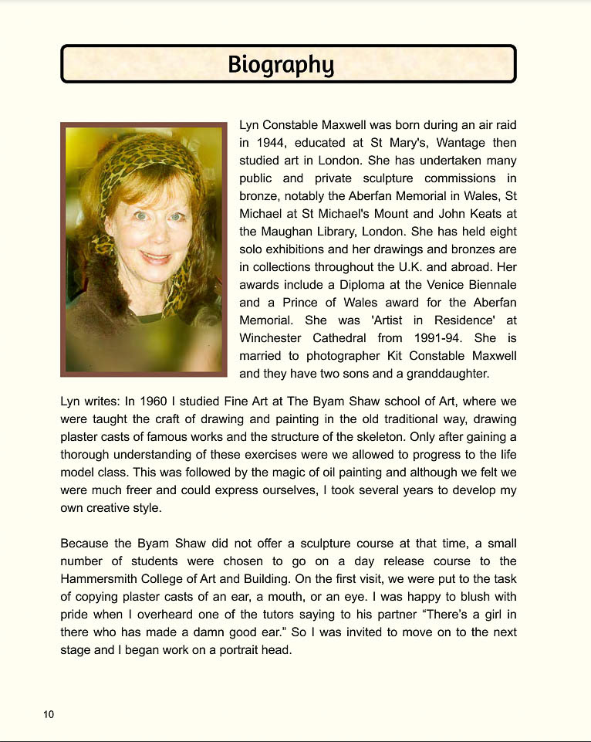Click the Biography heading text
(x=281, y=64)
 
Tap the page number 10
(x=49, y=714)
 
